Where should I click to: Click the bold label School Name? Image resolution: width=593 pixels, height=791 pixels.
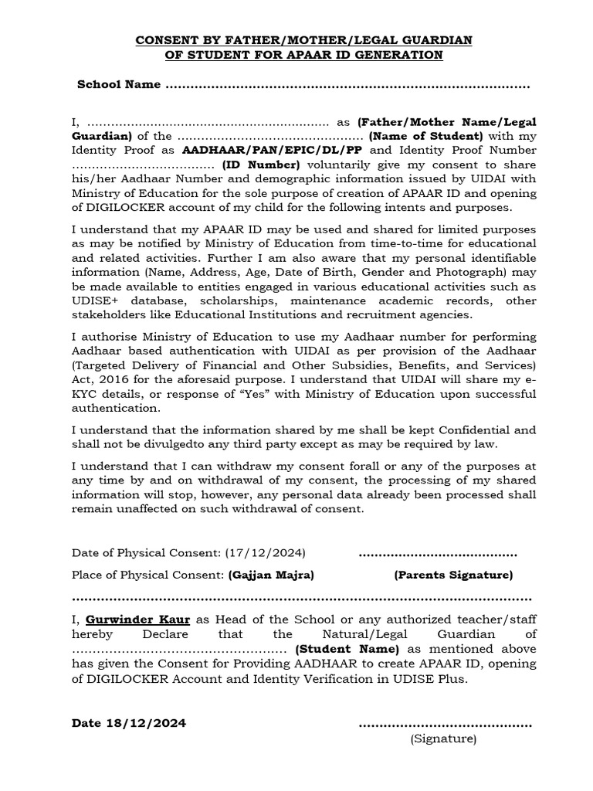click(x=119, y=84)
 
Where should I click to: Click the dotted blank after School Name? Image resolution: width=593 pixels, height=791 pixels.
click(x=347, y=85)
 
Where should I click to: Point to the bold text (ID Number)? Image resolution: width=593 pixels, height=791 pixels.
click(x=261, y=165)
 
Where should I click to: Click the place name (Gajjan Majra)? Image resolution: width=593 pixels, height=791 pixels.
click(x=271, y=575)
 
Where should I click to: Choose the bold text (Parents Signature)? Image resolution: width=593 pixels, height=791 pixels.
click(x=453, y=575)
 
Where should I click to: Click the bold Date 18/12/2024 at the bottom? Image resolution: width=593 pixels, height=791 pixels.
click(x=129, y=723)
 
